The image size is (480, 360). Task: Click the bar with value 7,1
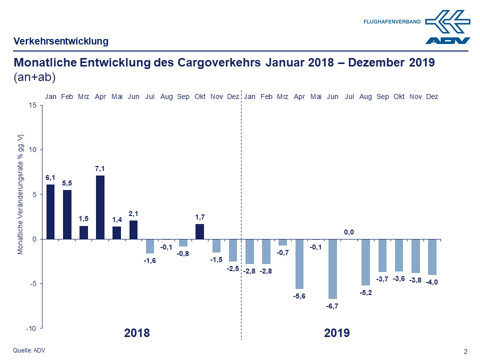click(100, 207)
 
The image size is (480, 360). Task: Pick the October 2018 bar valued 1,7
click(199, 231)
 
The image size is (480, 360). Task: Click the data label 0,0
click(349, 232)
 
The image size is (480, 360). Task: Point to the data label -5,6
click(299, 296)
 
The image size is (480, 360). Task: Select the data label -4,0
click(432, 282)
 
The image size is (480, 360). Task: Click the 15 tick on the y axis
click(32, 105)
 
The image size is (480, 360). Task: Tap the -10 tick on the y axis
click(31, 328)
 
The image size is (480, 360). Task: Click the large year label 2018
click(136, 333)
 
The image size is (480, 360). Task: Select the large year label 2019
click(336, 333)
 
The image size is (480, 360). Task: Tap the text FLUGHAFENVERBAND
click(392, 21)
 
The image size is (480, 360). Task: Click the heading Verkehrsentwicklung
click(61, 41)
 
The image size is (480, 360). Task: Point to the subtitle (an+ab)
click(34, 77)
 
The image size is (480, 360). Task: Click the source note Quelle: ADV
click(29, 350)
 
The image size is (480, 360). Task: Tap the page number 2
click(466, 351)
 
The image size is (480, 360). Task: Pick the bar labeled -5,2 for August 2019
click(365, 262)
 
